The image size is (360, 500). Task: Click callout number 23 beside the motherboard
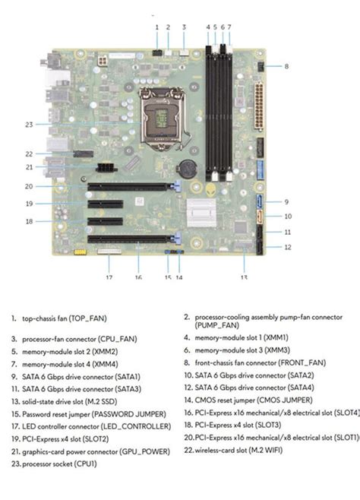pyautogui.click(x=29, y=124)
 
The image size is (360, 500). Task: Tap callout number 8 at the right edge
pyautogui.click(x=286, y=67)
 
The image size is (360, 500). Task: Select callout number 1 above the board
pyautogui.click(x=156, y=27)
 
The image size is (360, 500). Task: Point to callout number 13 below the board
pyautogui.click(x=245, y=278)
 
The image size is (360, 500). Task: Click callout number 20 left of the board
pyautogui.click(x=28, y=186)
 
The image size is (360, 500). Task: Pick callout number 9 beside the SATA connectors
pyautogui.click(x=287, y=202)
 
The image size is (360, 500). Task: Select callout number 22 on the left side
pyautogui.click(x=29, y=154)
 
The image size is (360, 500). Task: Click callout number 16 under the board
pyautogui.click(x=139, y=278)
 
